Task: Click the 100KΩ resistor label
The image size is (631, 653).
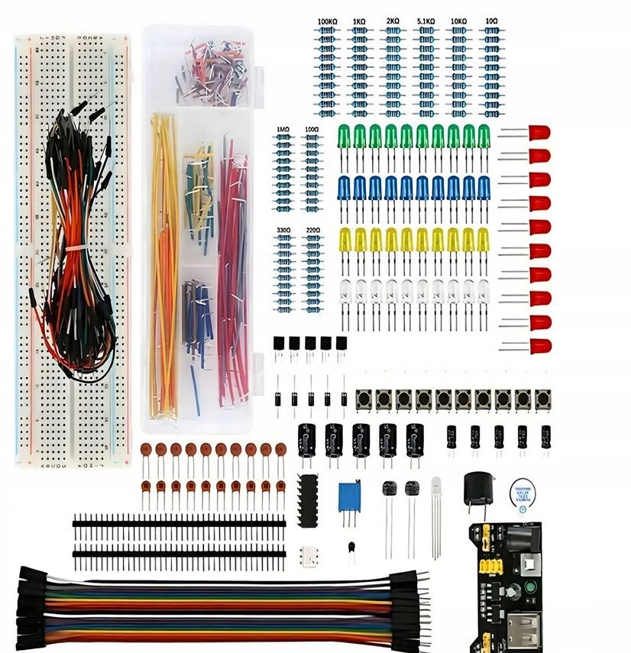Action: (327, 22)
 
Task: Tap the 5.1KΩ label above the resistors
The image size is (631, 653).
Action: (425, 22)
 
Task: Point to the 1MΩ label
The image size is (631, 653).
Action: (283, 130)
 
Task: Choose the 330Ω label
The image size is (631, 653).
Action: (283, 229)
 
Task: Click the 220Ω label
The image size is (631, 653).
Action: (312, 229)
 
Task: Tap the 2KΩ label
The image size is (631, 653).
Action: (393, 22)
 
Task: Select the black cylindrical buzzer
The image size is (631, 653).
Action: (479, 487)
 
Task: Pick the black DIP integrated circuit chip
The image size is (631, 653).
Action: (307, 500)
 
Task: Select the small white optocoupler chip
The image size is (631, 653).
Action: (311, 553)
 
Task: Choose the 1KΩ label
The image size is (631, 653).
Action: (359, 22)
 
